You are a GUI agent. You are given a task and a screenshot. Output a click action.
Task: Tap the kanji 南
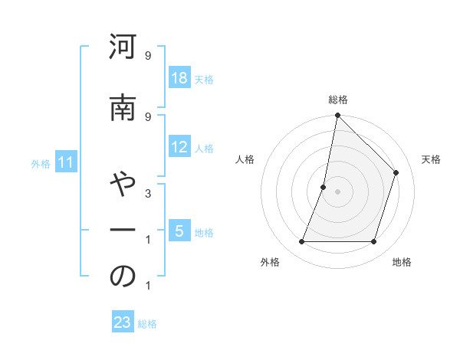(123, 111)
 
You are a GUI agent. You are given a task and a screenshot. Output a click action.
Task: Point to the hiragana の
(123, 277)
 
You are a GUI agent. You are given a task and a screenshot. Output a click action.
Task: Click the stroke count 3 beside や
(147, 194)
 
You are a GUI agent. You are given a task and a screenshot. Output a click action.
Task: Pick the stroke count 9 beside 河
(147, 56)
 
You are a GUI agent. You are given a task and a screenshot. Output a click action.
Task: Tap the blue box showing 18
(179, 79)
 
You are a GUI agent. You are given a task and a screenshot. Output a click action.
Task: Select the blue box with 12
(179, 147)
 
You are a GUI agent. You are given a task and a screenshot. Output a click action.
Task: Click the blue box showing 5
(179, 231)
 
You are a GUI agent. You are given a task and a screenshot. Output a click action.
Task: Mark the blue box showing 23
(123, 322)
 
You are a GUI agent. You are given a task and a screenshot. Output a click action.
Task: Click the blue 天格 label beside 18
(204, 80)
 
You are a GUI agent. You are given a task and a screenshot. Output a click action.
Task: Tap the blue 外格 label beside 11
(41, 163)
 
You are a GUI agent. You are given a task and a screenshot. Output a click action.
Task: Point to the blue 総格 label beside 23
(147, 323)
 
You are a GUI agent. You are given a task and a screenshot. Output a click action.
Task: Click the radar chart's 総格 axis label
(338, 100)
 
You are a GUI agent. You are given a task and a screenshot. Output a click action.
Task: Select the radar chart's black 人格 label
(245, 159)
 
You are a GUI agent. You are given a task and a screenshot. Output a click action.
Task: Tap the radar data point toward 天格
(396, 172)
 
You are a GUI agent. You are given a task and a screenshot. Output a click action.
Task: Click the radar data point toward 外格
(302, 242)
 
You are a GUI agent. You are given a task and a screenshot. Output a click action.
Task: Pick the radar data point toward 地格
(374, 242)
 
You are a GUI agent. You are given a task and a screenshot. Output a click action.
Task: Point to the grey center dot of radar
(338, 191)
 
